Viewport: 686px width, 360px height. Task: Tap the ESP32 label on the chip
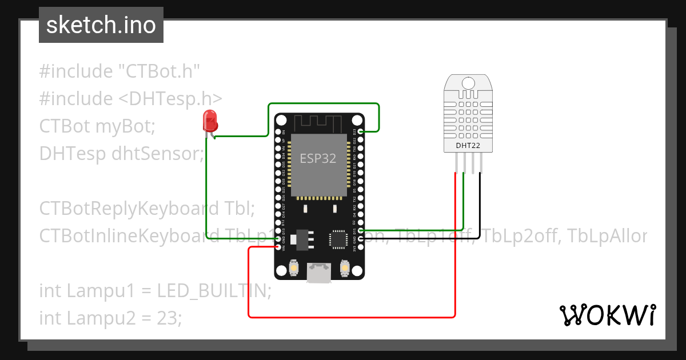tap(318, 158)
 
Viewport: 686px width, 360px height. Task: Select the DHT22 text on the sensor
tap(467, 145)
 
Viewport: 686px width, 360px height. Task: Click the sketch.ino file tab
tap(101, 25)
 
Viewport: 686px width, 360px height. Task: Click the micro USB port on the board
tap(318, 272)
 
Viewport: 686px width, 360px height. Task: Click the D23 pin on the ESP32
tap(360, 132)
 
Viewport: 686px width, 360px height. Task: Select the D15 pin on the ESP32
tap(360, 231)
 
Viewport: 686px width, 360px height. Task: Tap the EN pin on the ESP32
tap(278, 132)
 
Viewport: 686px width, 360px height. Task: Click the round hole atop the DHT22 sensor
tap(468, 83)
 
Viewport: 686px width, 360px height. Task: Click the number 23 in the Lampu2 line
tap(169, 318)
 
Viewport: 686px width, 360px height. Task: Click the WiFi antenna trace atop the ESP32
tap(318, 122)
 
